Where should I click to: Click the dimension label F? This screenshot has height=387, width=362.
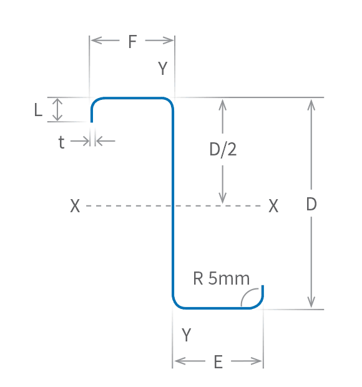pos(132,42)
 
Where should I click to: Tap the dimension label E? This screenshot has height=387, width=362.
pos(218,362)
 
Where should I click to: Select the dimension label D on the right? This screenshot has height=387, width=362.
pos(311,204)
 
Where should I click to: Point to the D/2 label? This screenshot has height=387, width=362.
pos(223,150)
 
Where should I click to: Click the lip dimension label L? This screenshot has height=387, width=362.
pos(38,110)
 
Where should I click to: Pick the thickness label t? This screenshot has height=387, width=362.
pos(61,143)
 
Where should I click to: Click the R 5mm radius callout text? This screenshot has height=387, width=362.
pos(221,278)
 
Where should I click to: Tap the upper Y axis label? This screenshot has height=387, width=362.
pos(163,69)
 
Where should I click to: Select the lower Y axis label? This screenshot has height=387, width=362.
pos(186,335)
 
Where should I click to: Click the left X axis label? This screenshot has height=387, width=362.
pos(75,206)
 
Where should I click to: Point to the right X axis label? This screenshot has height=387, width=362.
pos(273,206)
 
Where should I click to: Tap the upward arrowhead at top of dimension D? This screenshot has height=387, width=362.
pos(311,104)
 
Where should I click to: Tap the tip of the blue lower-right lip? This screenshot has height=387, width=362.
pos(263,287)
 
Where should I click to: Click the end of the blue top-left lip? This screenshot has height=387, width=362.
pos(92,120)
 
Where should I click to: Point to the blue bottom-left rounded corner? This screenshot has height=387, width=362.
pos(177,304)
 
